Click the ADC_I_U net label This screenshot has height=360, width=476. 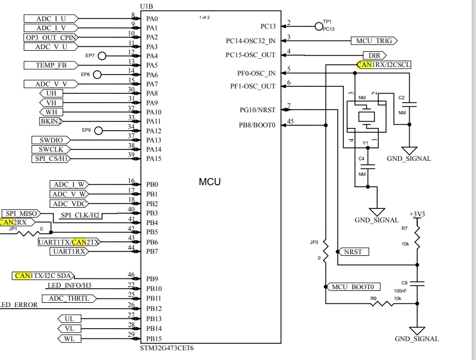[x=51, y=18]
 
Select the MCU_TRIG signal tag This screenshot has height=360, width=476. [x=374, y=40]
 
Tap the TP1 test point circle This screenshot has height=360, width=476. [x=319, y=26]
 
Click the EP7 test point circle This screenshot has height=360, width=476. [x=102, y=56]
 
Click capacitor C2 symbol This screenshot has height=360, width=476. [x=409, y=105]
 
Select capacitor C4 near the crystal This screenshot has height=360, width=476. [x=368, y=167]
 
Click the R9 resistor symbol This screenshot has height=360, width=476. [x=382, y=303]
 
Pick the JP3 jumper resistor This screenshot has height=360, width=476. [x=325, y=252]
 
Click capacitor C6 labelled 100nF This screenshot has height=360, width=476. [x=417, y=284]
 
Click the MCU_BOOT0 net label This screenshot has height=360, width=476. [x=352, y=287]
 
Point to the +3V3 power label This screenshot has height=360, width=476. [x=417, y=214]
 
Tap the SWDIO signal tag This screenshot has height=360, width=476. [x=51, y=140]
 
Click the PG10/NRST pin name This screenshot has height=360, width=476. [x=257, y=110]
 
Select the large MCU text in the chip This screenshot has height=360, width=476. [x=210, y=182]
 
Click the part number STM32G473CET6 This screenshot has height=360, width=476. [x=167, y=348]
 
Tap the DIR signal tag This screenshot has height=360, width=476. [x=375, y=56]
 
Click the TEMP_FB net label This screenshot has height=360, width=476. [x=51, y=65]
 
